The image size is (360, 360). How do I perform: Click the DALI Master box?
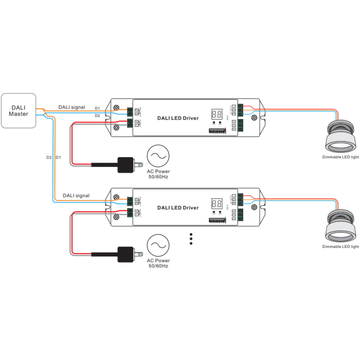(18, 111)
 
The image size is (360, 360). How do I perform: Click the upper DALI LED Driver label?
(178, 118)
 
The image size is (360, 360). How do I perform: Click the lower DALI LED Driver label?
(178, 208)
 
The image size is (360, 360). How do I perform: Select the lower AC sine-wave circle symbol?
(159, 246)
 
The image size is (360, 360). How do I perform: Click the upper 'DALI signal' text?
(72, 107)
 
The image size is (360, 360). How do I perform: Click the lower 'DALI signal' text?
(76, 195)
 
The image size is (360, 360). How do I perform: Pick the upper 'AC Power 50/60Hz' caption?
(159, 174)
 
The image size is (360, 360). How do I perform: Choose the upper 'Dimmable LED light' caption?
(340, 157)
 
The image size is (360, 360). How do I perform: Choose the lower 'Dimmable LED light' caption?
(340, 247)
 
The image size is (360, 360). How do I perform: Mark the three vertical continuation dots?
(191, 239)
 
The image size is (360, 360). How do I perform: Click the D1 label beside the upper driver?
(97, 108)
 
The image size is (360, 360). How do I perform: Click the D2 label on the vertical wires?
(48, 157)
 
